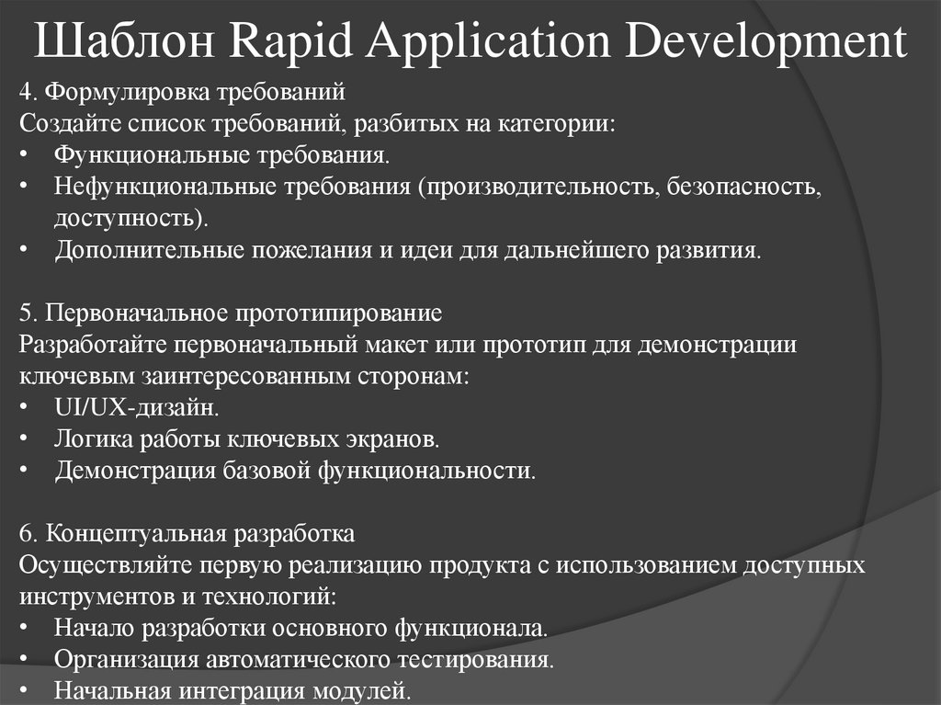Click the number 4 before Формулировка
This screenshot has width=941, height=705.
pos(24,94)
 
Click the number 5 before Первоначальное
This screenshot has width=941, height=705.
pos(24,313)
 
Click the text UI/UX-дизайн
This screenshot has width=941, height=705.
pos(136,407)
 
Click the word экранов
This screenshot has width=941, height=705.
pos(390,439)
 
